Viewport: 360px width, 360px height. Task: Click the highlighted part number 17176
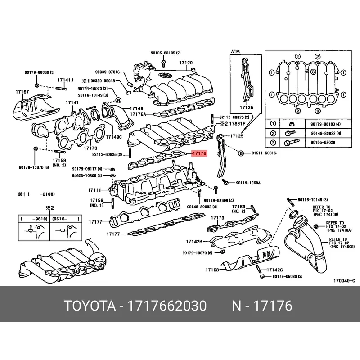199,153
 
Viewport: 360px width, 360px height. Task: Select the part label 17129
185,63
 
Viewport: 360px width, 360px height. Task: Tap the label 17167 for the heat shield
22,92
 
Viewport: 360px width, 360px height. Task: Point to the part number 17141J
65,80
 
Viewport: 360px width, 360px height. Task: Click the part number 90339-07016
108,72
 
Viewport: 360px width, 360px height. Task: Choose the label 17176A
138,115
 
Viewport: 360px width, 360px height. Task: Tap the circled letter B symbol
241,153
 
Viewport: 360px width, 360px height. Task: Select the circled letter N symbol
118,99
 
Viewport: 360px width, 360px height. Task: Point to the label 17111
94,190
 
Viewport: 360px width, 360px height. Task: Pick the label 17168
212,270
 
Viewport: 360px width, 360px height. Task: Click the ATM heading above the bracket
236,52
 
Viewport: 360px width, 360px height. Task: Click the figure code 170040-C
344,281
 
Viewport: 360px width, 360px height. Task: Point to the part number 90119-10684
247,183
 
